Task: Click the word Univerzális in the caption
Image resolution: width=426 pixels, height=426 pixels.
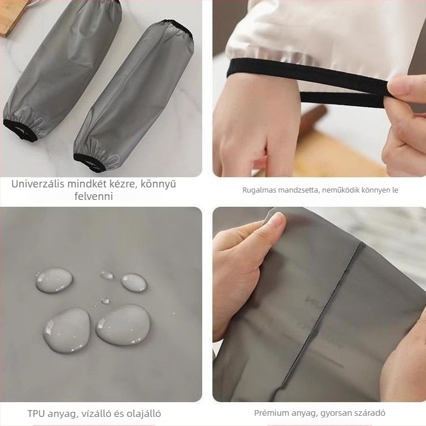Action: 38,184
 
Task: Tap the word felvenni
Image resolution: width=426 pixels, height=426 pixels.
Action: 94,196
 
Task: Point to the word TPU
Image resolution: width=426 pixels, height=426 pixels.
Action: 36,414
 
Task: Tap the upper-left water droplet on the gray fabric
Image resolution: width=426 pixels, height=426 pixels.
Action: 54,280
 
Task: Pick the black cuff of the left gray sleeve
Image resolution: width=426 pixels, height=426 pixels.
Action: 20,131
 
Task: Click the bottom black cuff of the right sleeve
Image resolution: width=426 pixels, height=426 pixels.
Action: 89,163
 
